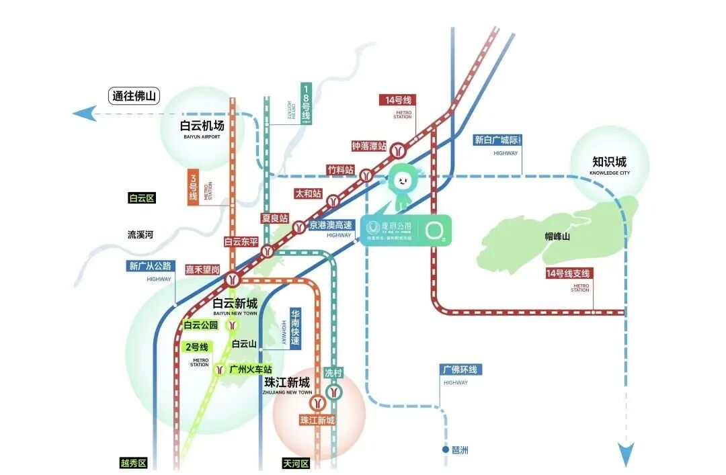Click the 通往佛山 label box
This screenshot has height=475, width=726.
point(134,96)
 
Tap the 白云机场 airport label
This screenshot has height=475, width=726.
point(202,126)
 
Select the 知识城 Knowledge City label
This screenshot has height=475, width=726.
point(609,162)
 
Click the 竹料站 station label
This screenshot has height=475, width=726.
point(340,170)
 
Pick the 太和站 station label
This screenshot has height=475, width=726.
point(309,193)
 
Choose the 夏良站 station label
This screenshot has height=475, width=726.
point(275,218)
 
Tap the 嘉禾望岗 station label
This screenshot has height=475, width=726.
point(202,269)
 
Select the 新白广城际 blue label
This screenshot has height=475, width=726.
point(497,140)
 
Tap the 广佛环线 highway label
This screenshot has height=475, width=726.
point(462,370)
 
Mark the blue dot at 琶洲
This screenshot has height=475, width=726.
point(445,449)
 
